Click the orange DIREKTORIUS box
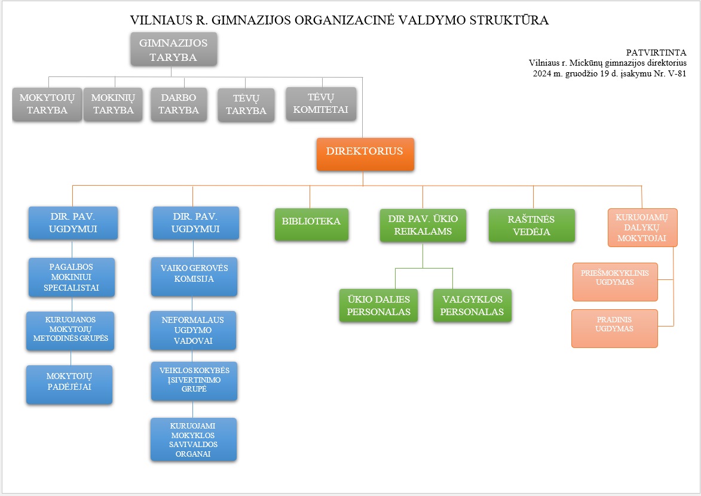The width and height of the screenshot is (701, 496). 365,154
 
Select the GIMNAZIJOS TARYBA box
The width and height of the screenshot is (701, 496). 173,49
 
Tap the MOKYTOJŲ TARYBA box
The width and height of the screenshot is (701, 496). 47,104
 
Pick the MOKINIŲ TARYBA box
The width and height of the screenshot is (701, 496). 113,104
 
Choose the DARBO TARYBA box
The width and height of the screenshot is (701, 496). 179,104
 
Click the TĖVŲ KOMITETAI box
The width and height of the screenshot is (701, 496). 321,104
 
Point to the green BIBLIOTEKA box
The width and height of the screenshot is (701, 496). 311,224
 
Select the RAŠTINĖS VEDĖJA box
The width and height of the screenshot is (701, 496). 531,226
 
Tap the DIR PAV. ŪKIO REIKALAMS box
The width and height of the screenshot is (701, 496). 423,226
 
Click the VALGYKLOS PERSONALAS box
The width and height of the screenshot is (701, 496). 472,306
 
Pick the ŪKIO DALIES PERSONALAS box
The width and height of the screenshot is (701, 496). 378,306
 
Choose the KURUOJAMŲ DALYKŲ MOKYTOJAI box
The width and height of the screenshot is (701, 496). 642,227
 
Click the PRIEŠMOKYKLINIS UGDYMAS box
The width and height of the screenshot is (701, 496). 615,282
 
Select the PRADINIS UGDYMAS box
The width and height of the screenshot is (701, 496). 614,329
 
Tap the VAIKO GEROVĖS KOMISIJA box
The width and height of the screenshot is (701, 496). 194,277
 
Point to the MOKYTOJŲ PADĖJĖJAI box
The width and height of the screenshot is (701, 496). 69,385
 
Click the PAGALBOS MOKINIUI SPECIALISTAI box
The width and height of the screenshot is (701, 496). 72,277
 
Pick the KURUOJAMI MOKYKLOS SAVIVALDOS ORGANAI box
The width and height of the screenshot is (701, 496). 193,439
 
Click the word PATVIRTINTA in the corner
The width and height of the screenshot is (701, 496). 656,53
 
